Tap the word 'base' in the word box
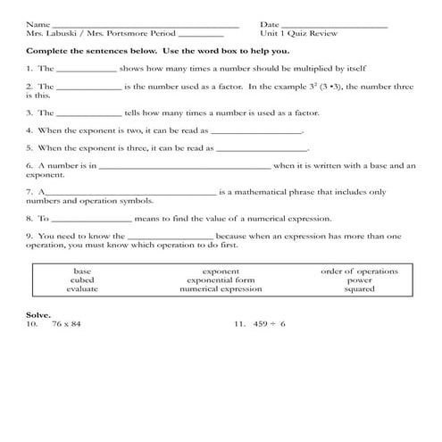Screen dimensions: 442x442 tap(82, 271)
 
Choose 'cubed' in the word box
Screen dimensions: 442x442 tap(82, 279)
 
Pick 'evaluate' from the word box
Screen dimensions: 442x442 tap(82, 289)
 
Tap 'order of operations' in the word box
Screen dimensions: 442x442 tap(359, 271)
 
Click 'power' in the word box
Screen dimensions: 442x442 tap(359, 279)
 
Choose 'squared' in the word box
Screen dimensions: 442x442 tap(359, 289)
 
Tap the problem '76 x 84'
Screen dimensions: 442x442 tap(66, 325)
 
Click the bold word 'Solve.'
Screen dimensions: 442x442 tap(38, 315)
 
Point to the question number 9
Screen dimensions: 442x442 tap(29, 236)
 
